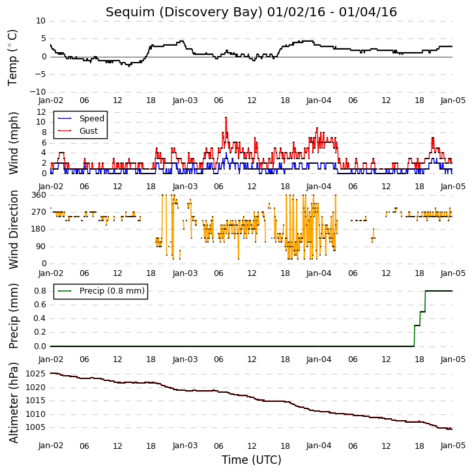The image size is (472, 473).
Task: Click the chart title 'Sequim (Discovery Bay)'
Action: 184,12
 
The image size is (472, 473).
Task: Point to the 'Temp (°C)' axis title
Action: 12,57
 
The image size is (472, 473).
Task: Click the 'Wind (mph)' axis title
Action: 13,144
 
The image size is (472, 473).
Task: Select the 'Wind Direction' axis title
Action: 13,229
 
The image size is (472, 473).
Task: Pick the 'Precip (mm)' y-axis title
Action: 13,316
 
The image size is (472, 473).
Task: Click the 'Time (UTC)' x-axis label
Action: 252,460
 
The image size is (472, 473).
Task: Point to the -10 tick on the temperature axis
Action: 38,92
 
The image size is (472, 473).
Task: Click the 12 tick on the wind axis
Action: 41,112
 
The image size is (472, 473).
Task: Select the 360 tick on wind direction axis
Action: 39,195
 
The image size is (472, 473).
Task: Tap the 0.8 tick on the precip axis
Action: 40,291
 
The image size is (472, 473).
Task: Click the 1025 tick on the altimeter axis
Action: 36,374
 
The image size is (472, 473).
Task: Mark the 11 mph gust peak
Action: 226,117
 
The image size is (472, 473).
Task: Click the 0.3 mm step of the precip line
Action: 417,326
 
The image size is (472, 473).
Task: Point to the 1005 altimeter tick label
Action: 36,427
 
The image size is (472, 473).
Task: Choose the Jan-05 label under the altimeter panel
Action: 452,446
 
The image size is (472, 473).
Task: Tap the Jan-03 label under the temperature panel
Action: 184,100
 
